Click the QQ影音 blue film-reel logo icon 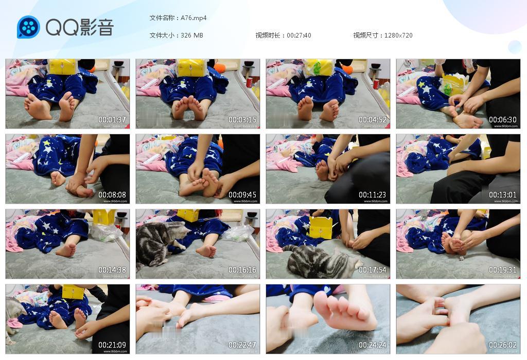[x=28, y=27]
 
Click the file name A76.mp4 [x=194, y=18]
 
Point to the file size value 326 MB [x=192, y=35]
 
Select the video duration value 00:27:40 [x=299, y=35]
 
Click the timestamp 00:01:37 [x=112, y=120]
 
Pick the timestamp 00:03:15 [x=242, y=120]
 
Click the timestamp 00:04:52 [x=373, y=120]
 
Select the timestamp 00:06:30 [x=503, y=120]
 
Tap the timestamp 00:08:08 [x=112, y=195]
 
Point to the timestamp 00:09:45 [x=242, y=195]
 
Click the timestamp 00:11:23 [x=373, y=195]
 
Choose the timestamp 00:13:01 [x=503, y=195]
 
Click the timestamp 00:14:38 [x=112, y=270]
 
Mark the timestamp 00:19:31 [x=503, y=270]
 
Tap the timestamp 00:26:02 [x=503, y=345]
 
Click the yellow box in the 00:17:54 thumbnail [x=320, y=227]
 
